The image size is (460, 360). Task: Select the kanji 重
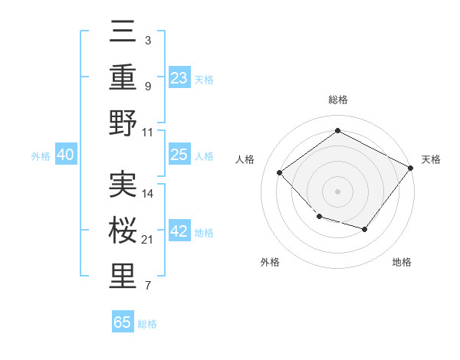123,78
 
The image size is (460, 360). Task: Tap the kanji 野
123,123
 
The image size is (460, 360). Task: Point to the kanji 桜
123,231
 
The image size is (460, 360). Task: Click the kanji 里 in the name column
123,277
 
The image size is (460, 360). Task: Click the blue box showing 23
179,78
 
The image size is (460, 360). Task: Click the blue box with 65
123,322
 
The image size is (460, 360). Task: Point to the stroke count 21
148,241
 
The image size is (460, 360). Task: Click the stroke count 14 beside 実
149,194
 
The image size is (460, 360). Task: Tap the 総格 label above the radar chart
337,100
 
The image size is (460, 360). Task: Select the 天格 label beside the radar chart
431,159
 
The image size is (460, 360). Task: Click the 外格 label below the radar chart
270,262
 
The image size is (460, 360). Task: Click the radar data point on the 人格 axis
280,173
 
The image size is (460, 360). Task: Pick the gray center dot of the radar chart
337,191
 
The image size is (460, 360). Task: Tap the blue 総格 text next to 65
147,324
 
